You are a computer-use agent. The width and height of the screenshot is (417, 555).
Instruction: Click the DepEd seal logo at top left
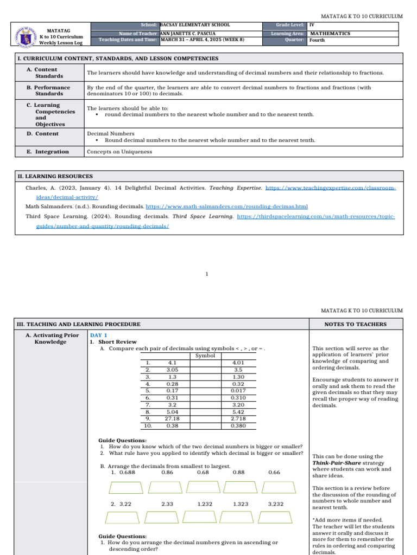click(24, 34)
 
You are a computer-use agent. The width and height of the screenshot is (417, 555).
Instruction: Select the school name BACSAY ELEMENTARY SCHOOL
click(195, 25)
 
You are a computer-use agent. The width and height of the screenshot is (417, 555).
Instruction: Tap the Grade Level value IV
click(312, 25)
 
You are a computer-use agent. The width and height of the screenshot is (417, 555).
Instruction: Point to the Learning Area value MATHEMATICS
click(330, 34)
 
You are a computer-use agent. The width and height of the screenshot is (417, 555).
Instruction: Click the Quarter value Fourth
click(317, 40)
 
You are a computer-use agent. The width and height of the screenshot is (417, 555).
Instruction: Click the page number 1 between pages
click(207, 274)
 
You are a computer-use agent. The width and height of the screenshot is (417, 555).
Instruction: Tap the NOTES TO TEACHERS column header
click(356, 324)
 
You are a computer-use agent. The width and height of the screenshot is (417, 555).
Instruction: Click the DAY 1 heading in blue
click(99, 335)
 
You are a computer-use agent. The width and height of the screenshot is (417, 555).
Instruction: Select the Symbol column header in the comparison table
click(205, 356)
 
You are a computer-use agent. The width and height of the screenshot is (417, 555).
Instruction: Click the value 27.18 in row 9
click(173, 419)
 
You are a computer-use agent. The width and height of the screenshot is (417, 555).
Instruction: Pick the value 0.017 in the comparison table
click(238, 391)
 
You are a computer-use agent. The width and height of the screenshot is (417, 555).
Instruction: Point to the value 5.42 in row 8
click(238, 412)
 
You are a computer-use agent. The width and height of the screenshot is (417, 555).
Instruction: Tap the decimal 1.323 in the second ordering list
click(241, 504)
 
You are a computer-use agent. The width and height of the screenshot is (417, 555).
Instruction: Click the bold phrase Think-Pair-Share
click(334, 463)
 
